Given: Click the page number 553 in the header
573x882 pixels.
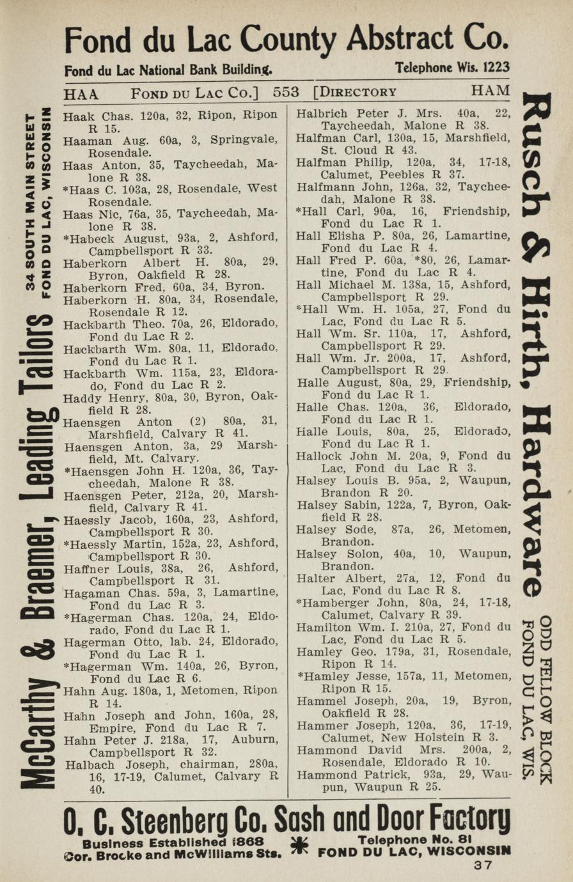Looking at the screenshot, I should pyautogui.click(x=286, y=92).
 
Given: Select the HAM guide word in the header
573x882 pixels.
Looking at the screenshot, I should pyautogui.click(x=491, y=91).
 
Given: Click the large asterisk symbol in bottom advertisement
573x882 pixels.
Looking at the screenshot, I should pyautogui.click(x=299, y=845).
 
